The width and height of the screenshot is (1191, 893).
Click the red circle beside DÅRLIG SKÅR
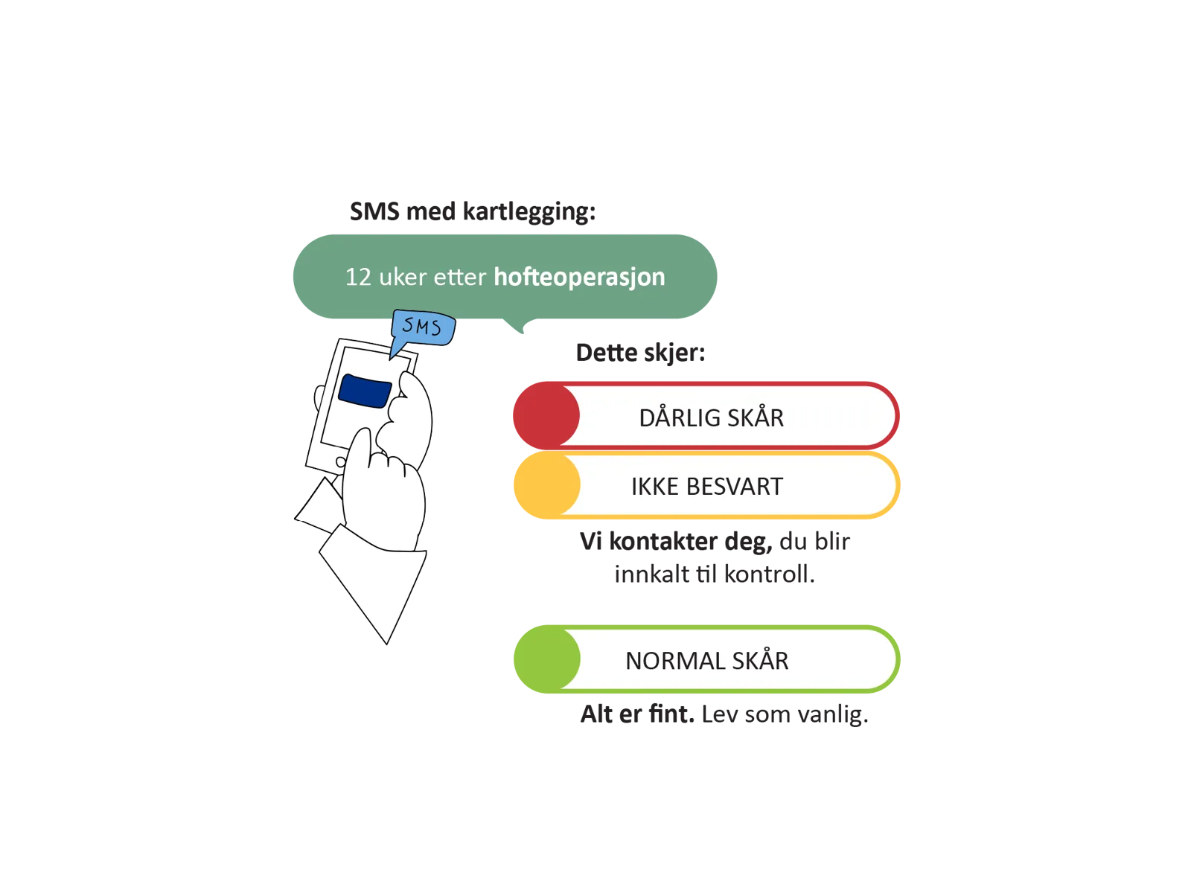click(546, 415)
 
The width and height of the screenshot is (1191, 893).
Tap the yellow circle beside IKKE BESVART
click(546, 484)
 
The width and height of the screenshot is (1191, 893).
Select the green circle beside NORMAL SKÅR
click(546, 659)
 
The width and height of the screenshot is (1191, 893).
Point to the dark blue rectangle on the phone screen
click(365, 391)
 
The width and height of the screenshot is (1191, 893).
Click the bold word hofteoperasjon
click(579, 277)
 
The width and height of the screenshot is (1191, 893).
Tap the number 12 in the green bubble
click(357, 277)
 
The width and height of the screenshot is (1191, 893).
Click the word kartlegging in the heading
click(529, 211)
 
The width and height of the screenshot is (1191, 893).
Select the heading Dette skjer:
click(640, 353)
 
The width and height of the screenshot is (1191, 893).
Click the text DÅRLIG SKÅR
click(711, 417)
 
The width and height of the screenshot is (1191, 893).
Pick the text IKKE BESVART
click(706, 487)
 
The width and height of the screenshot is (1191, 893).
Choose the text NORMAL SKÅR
click(706, 660)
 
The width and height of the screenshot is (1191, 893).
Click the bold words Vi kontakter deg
click(676, 541)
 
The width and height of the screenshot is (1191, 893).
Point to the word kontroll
click(769, 574)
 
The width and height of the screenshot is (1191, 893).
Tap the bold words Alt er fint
click(637, 714)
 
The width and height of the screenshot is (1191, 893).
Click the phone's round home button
click(340, 462)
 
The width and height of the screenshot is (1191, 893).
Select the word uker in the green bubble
click(403, 277)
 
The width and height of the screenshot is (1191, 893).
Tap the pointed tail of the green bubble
click(522, 333)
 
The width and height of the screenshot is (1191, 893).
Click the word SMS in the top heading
click(374, 211)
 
